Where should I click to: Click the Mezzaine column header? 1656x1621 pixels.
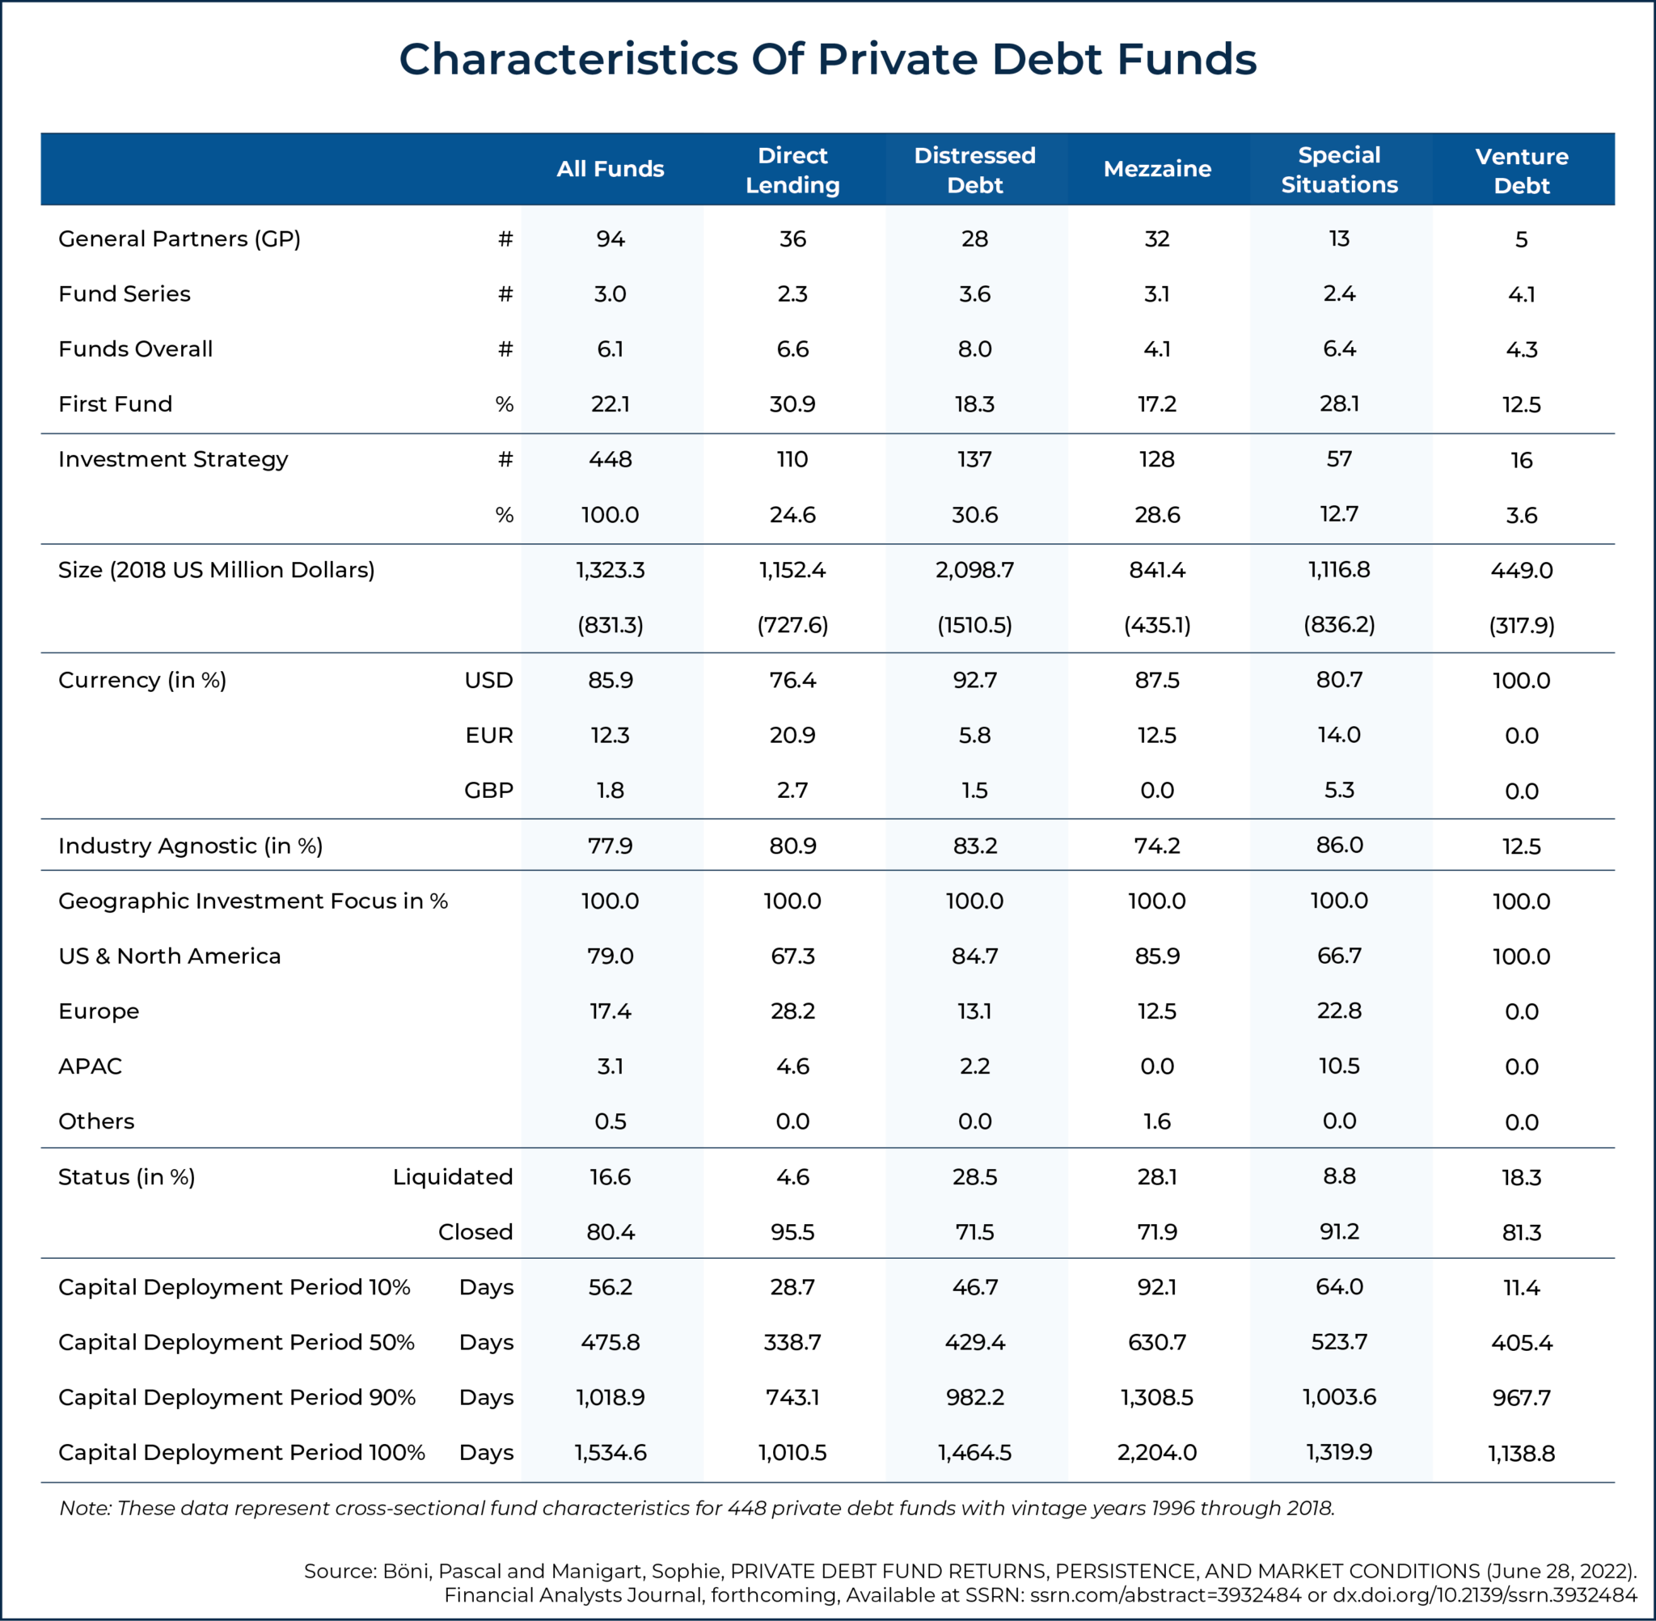1156,169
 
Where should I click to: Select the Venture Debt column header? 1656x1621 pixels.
1521,171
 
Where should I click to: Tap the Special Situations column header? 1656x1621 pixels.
1338,170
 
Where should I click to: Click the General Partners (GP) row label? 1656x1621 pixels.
179,239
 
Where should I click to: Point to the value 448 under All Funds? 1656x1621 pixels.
610,459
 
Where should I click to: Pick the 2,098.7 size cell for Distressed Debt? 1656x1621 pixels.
974,569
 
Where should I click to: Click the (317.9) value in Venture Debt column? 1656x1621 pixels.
1521,626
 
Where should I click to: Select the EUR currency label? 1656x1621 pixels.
488,735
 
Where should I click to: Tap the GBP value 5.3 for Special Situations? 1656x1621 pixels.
1338,790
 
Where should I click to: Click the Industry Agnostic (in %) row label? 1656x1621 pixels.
190,846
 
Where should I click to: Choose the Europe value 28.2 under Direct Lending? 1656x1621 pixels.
792,1011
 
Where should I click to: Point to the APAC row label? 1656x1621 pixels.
90,1066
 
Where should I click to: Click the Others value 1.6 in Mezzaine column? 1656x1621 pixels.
1156,1121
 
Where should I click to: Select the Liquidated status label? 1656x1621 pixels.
452,1176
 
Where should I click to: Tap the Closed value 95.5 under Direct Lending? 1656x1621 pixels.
792,1232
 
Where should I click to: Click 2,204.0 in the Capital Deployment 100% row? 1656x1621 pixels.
1156,1452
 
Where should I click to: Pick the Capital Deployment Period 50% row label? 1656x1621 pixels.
236,1342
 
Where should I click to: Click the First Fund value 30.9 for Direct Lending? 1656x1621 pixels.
792,403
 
